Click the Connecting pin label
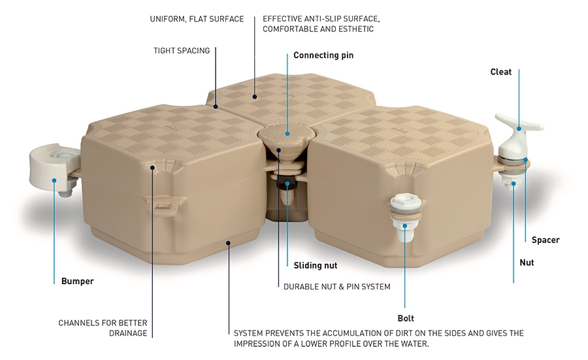coord(323,56)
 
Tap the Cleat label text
coord(500,72)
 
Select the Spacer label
coord(546,240)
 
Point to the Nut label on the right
coord(527,263)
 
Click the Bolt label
coord(406,318)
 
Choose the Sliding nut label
coord(316,265)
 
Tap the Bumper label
coord(77,281)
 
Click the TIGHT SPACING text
coord(182,50)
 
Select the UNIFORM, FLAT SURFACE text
coord(197,19)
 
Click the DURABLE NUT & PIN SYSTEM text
coord(336,287)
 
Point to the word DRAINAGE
coord(128,333)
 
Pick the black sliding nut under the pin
coord(287,184)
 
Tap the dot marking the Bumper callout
coord(54,180)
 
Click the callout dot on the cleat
coord(519,128)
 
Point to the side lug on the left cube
coord(166,204)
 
